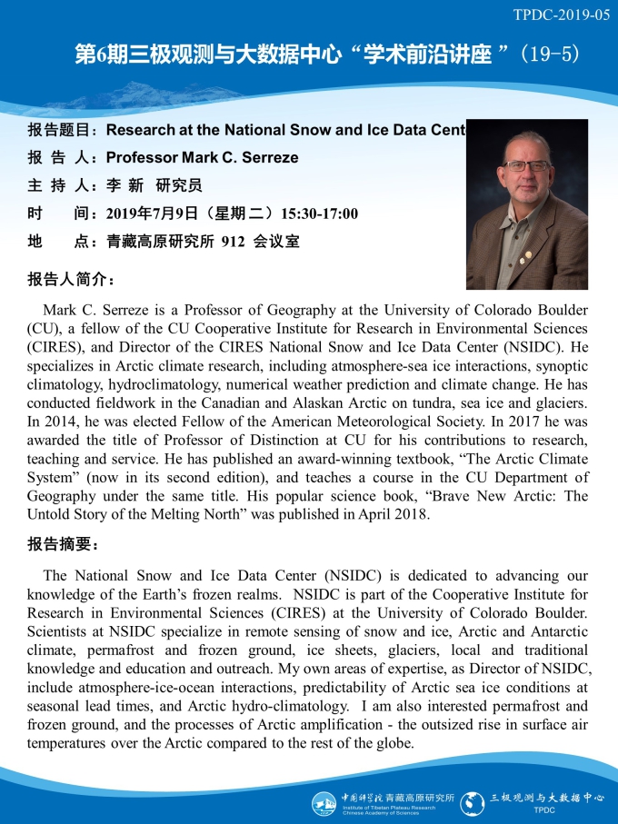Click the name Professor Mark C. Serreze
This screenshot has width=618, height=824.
[202, 158]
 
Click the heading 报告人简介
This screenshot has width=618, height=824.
[72, 278]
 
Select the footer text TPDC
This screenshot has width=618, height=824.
[543, 810]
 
